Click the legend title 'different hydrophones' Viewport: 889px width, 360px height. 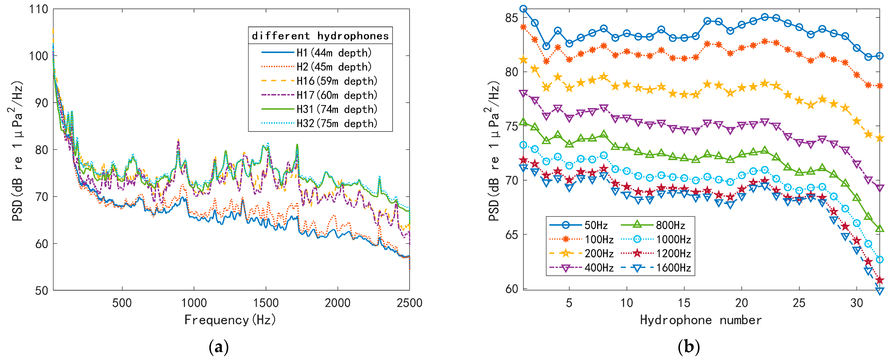point(320,36)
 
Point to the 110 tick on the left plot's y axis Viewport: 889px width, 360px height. point(39,9)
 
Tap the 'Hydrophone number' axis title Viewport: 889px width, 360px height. point(701,320)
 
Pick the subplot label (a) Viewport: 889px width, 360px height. point(219,347)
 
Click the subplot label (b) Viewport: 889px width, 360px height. point(689,347)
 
